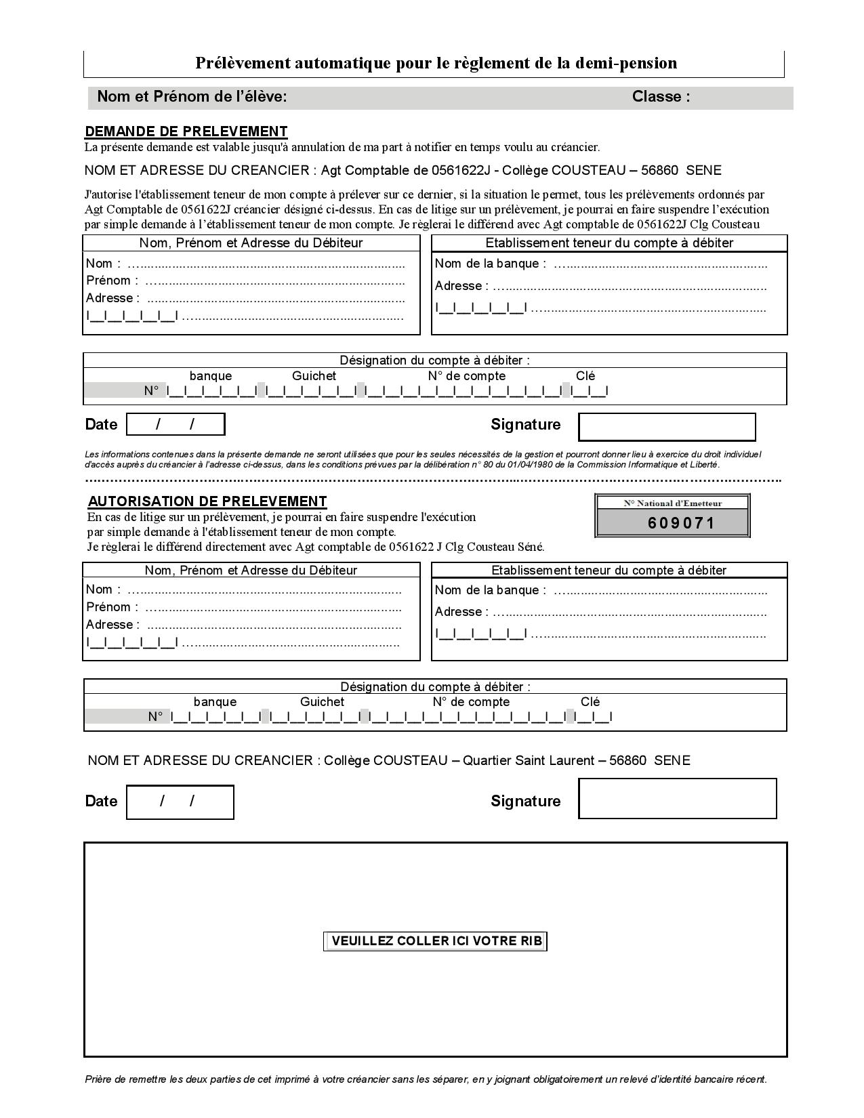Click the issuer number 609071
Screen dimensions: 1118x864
coord(682,523)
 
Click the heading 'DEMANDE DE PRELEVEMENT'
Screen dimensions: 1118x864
coord(186,131)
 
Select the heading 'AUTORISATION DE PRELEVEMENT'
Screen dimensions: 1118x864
coord(207,501)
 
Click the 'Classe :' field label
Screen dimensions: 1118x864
coord(661,97)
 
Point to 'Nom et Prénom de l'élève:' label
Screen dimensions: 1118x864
coord(192,97)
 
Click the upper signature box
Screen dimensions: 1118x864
coord(667,427)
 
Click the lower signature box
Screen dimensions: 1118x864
coord(677,798)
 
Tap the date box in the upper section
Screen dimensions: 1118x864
coord(176,424)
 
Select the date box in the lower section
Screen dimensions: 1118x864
coord(180,802)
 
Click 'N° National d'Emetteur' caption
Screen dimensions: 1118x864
coord(673,503)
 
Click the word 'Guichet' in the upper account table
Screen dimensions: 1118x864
coord(314,376)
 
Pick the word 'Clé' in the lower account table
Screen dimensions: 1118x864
coord(590,702)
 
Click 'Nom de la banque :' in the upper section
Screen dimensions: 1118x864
coord(490,264)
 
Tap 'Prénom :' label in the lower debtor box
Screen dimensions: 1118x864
coord(112,607)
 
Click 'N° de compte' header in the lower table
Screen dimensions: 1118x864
coord(471,702)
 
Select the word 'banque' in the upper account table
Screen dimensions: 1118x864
coord(211,376)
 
